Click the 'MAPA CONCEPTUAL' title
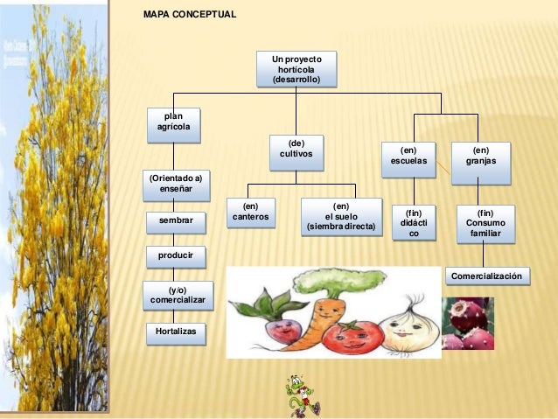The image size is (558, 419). pos(189,16)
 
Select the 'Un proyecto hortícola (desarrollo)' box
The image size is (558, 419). pos(296,69)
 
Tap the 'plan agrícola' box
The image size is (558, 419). pos(172,125)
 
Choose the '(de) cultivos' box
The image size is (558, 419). pos(296,153)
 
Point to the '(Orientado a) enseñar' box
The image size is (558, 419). pos(176,184)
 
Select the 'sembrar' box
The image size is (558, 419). pos(176,220)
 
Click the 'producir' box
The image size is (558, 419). pos(176,256)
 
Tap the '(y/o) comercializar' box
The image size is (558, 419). pos(178,294)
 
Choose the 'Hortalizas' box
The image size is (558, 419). pos(176,332)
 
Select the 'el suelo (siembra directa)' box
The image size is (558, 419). pos(341,217)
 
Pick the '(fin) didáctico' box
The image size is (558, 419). pos(415,222)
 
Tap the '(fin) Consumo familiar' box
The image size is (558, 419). pos(485,223)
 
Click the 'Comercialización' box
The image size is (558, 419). pos(488,276)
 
